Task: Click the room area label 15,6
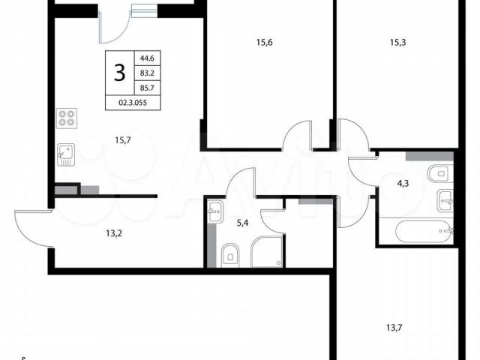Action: (265, 43)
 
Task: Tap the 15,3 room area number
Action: (398, 43)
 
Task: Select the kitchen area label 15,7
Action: (123, 140)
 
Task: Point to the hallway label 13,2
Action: (114, 234)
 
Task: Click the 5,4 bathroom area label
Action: (242, 223)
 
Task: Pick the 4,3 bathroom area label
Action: (403, 184)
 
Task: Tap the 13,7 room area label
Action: (394, 328)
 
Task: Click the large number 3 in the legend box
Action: (120, 73)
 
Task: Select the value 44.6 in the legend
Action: (147, 58)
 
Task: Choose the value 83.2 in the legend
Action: (147, 73)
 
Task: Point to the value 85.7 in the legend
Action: (147, 88)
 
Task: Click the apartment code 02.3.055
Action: (133, 103)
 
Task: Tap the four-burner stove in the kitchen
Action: (67, 118)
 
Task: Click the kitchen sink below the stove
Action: (66, 155)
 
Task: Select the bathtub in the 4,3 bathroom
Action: (423, 231)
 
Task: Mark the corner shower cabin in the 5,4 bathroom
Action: (267, 252)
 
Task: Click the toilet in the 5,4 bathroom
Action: (230, 253)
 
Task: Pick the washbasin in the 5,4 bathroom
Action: (216, 211)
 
